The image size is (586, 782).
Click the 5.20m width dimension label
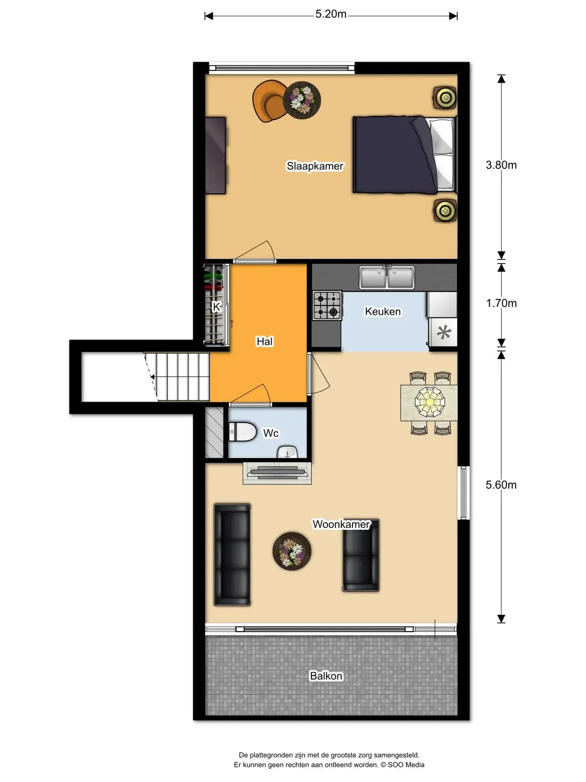click(x=331, y=14)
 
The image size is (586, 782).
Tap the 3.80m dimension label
click(x=501, y=165)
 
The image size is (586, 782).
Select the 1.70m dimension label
click(x=501, y=303)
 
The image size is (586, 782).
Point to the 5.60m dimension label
click(x=501, y=485)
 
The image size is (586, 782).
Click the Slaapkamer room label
click(x=315, y=166)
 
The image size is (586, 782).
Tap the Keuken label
click(x=383, y=311)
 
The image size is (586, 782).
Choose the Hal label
click(x=264, y=341)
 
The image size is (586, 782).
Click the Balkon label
click(x=326, y=676)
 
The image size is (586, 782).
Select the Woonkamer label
click(x=341, y=524)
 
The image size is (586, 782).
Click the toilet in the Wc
click(x=242, y=432)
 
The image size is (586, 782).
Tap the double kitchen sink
click(x=387, y=277)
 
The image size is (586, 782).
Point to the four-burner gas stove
click(x=327, y=305)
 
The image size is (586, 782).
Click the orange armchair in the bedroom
click(x=269, y=101)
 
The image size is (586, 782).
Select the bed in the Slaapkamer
click(x=405, y=155)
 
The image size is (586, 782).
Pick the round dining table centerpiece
click(x=430, y=402)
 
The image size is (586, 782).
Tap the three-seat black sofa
click(x=232, y=555)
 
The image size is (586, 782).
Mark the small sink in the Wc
click(x=287, y=452)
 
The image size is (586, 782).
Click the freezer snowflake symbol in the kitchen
click(x=444, y=332)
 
